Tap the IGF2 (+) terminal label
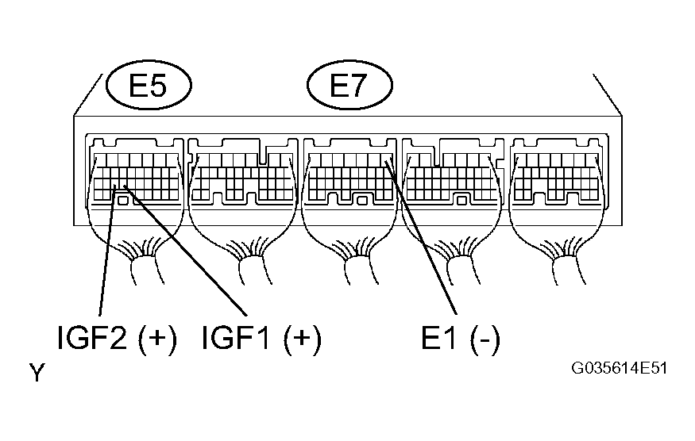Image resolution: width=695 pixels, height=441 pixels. click(x=118, y=339)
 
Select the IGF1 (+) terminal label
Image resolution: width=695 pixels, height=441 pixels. click(x=261, y=339)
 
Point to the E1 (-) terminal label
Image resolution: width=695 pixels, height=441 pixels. click(x=461, y=339)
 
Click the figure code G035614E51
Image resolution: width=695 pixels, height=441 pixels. click(x=619, y=368)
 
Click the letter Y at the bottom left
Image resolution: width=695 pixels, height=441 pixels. click(x=37, y=373)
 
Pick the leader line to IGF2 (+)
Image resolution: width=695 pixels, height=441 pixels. click(x=107, y=251)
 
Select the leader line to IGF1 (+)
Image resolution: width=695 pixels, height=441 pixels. click(x=185, y=251)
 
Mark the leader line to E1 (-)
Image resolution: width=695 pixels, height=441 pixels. click(x=421, y=238)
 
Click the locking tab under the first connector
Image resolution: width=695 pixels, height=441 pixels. click(x=124, y=201)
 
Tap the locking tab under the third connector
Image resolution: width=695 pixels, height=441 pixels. click(x=361, y=201)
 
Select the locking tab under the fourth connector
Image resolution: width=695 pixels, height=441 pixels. click(x=461, y=201)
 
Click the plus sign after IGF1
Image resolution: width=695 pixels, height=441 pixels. click(x=303, y=339)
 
